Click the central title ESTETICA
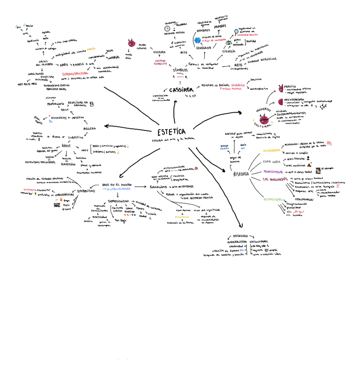point(171,132)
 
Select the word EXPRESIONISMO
point(119,200)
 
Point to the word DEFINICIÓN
point(240,236)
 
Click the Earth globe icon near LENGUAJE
point(197,40)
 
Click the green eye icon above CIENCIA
point(229,43)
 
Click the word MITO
point(184,52)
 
